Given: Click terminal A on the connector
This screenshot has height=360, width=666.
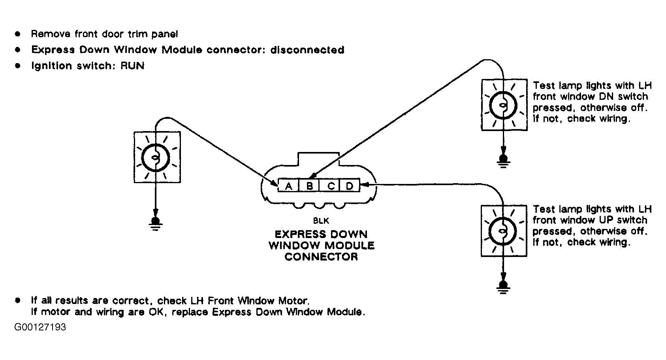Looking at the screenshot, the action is point(288,186).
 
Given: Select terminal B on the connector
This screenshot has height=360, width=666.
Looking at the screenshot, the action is point(309,186).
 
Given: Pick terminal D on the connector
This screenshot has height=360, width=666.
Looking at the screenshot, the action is point(349,186).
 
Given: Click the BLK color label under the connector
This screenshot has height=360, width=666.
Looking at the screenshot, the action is point(321,221).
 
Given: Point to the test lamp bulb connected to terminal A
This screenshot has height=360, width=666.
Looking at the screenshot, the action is point(156,158).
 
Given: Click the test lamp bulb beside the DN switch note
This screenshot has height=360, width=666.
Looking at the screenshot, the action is point(503,105).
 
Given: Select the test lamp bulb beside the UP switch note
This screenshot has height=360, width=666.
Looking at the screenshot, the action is point(503,231).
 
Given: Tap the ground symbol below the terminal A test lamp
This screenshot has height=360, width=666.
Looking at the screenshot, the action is point(156,224).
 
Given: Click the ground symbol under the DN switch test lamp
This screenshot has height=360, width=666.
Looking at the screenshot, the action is point(503,161).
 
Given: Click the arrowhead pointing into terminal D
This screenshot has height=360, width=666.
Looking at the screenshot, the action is point(365,185).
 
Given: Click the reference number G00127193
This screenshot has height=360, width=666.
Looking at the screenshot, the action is point(40,327).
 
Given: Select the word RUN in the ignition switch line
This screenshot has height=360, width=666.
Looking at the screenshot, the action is point(132,66).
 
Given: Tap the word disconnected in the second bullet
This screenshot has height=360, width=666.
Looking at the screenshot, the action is point(307,50).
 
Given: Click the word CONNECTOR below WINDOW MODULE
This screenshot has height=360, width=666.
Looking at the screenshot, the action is point(321,257).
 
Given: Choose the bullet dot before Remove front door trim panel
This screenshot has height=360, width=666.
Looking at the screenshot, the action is point(18,34).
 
